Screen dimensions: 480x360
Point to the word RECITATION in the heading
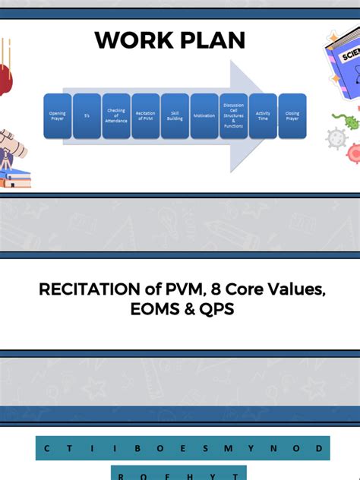pyautogui.click(x=84, y=289)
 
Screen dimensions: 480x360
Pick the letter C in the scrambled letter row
pyautogui.click(x=47, y=449)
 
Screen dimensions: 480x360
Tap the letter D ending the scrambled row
pyautogui.click(x=318, y=449)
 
